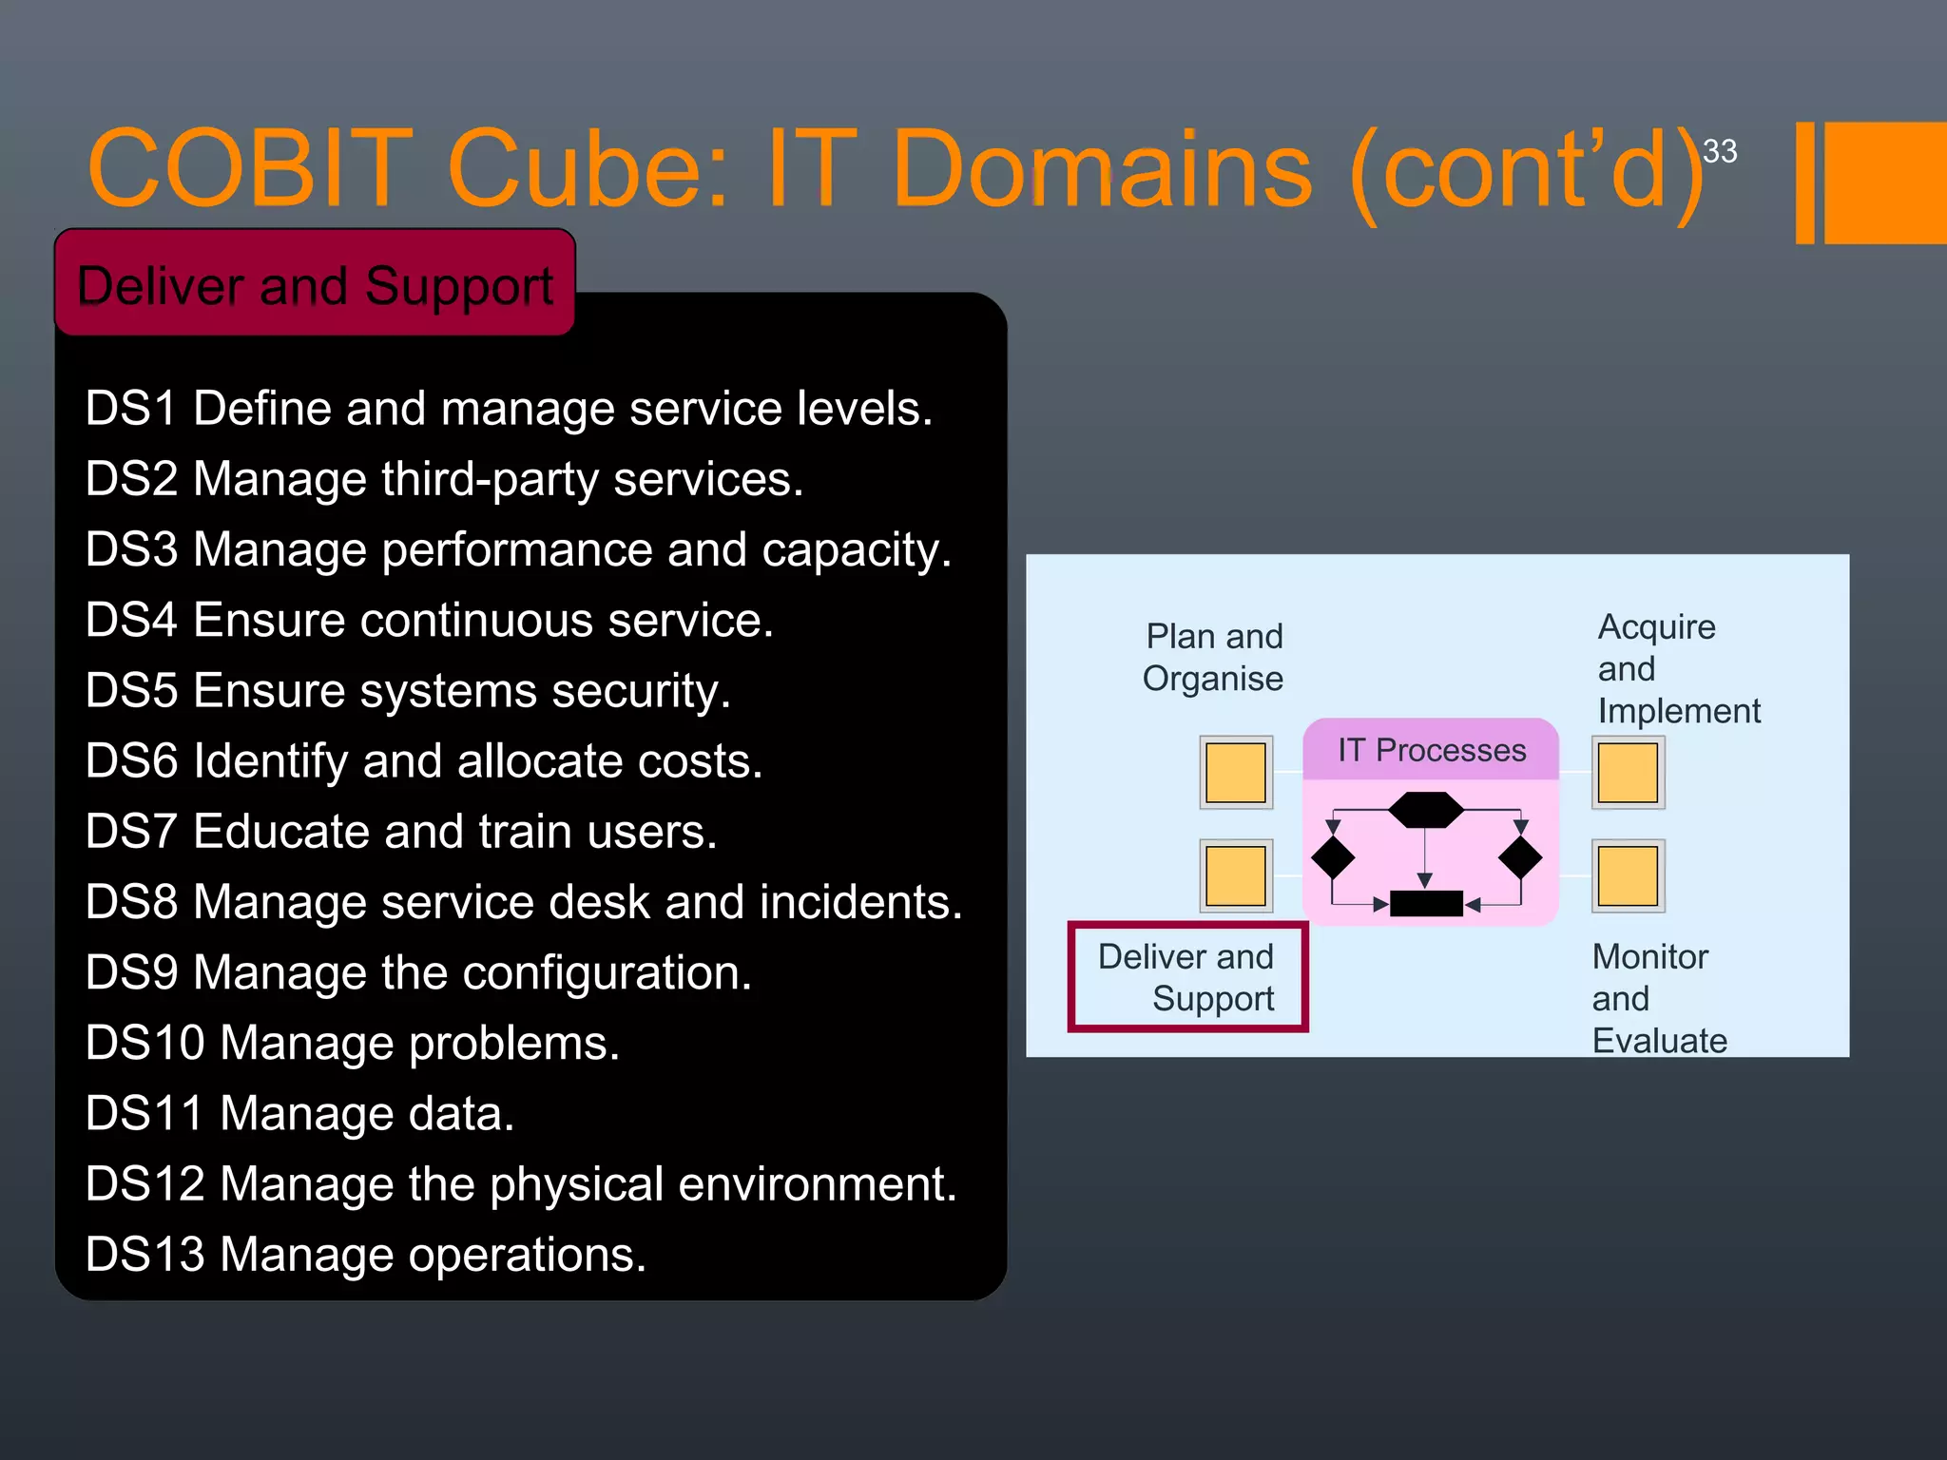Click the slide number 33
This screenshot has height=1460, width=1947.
1719,151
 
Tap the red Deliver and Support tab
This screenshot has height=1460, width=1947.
315,284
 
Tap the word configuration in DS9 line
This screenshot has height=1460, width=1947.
582,973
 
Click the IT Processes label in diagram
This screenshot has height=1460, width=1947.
1431,750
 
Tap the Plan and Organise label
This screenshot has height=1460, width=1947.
1213,657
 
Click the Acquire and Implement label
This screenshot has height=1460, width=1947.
1678,668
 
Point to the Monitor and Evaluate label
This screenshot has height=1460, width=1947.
1658,998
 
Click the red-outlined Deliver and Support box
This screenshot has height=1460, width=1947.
1187,977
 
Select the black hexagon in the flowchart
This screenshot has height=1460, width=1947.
1425,810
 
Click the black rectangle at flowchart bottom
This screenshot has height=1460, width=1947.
1425,903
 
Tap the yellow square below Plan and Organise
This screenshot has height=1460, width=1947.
1235,772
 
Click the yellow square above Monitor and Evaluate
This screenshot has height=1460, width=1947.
1628,875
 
